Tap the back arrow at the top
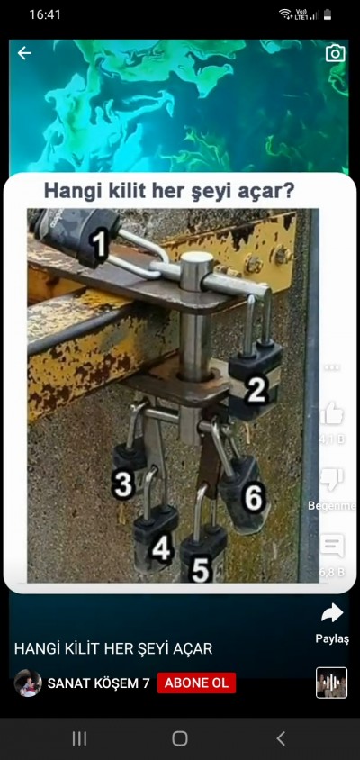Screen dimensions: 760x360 point(24,53)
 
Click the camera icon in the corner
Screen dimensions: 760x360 point(335,53)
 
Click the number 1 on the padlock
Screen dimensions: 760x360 point(100,243)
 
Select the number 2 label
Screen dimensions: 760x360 point(256,389)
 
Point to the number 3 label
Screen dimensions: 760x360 point(123,484)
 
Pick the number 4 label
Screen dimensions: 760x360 point(162,547)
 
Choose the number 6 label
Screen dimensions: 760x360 point(253,496)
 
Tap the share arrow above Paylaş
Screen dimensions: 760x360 point(331,613)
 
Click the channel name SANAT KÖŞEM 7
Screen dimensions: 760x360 point(98,683)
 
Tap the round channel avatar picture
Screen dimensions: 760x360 point(28,683)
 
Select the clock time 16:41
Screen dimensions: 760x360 point(45,14)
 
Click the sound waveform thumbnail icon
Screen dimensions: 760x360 point(331,683)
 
